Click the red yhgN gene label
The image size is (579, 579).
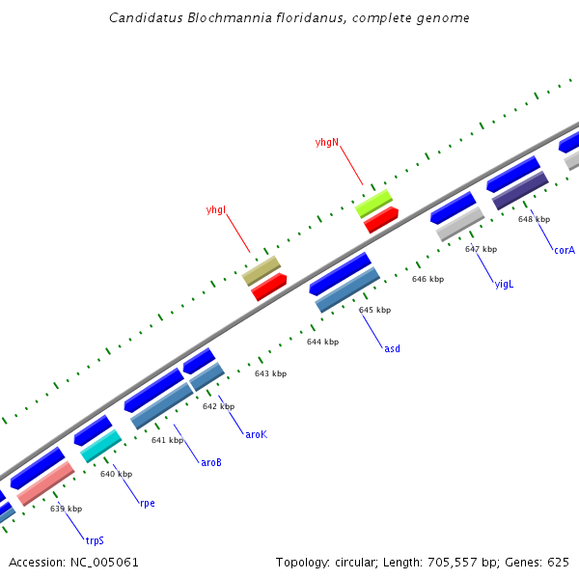[x=327, y=142]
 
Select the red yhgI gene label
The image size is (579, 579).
[x=216, y=209]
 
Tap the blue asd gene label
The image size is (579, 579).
[x=392, y=348]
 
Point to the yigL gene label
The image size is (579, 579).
[x=504, y=284]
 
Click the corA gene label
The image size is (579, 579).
[x=564, y=250]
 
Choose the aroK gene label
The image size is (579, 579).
[x=256, y=434]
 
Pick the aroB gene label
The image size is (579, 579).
[x=211, y=462]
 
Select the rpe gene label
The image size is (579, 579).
[x=147, y=503]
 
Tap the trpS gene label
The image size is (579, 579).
[x=94, y=540]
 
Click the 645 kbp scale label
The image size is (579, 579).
[x=374, y=310]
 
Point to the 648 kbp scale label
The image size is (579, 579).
[x=534, y=219]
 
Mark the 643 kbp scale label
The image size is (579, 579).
[x=270, y=373]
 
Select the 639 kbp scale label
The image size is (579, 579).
[x=66, y=509]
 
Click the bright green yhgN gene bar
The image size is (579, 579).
[x=373, y=202]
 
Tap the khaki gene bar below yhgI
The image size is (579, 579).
[x=261, y=269]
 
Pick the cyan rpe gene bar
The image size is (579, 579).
[x=100, y=445]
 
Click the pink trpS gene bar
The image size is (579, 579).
[x=45, y=482]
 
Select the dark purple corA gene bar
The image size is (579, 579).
[x=520, y=190]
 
